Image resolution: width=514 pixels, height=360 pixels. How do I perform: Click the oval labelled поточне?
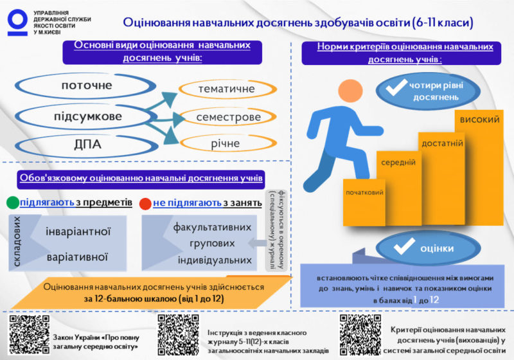(x=87, y=85)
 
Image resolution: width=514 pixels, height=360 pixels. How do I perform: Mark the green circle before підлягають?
(x=12, y=204)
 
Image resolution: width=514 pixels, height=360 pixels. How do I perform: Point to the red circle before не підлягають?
(x=145, y=204)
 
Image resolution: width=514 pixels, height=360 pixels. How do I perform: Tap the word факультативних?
(x=212, y=227)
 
